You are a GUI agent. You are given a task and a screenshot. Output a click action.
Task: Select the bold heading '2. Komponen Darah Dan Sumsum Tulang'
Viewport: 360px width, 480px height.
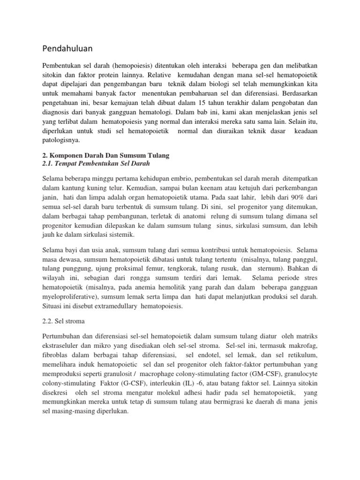[x=105, y=155]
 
